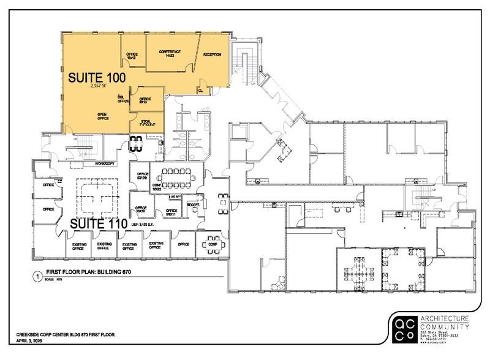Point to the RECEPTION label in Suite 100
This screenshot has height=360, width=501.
212,55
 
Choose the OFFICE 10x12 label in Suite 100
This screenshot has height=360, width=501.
132,56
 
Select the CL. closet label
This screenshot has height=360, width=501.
200,90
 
